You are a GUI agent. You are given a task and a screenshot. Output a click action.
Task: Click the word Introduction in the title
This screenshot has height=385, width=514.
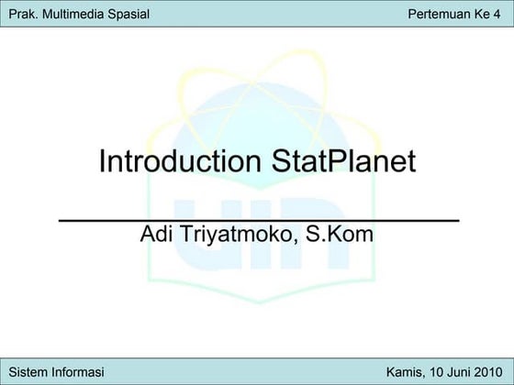[180, 162]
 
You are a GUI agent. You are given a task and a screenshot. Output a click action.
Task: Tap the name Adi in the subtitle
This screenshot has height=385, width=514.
[156, 235]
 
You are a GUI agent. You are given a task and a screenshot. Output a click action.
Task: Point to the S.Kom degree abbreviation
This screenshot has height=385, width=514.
[339, 235]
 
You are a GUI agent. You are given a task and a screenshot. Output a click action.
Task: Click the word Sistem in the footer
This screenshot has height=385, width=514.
[28, 371]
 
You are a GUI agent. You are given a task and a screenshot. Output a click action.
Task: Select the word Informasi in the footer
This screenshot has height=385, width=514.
[77, 371]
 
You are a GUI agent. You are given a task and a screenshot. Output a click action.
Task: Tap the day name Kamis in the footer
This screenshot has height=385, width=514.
[405, 371]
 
